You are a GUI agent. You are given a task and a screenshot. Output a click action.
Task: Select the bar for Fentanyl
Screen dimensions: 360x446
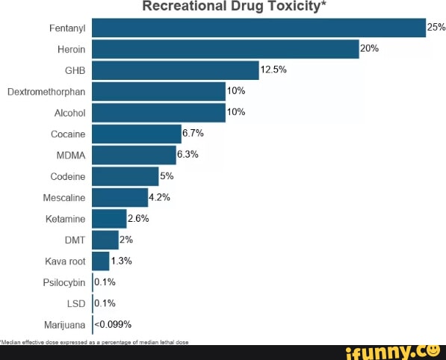pyautogui.click(x=258, y=28)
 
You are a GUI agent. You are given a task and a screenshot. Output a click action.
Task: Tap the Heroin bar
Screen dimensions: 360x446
pyautogui.click(x=225, y=49)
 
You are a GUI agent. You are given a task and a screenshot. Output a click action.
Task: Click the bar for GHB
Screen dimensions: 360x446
pyautogui.click(x=175, y=71)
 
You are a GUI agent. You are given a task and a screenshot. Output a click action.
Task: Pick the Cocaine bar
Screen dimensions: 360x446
pyautogui.click(x=136, y=134)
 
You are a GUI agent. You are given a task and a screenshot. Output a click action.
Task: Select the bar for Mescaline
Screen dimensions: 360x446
pyautogui.click(x=120, y=198)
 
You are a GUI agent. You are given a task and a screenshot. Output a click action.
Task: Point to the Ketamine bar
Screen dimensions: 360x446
pyautogui.click(x=109, y=219)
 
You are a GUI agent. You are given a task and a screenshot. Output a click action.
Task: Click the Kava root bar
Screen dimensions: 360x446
pyautogui.click(x=101, y=261)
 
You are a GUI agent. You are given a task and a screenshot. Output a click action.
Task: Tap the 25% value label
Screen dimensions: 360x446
pyautogui.click(x=436, y=28)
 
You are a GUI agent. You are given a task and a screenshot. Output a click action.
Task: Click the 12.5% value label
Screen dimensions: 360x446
pyautogui.click(x=273, y=70)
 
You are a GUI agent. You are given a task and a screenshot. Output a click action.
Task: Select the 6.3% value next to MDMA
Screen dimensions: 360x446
pyautogui.click(x=188, y=155)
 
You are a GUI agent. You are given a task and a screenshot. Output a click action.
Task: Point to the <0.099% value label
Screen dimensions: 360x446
pyautogui.click(x=114, y=324)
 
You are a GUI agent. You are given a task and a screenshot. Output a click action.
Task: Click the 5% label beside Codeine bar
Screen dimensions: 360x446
pyautogui.click(x=167, y=176)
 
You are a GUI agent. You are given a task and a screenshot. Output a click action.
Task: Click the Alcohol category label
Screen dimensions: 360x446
pyautogui.click(x=70, y=114)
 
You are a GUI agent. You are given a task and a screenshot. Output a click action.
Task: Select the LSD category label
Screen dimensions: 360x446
pyautogui.click(x=76, y=304)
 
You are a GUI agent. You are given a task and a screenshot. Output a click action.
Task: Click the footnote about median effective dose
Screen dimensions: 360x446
pyautogui.click(x=95, y=341)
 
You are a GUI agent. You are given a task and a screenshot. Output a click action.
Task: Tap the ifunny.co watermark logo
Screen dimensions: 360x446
pyautogui.click(x=391, y=351)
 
